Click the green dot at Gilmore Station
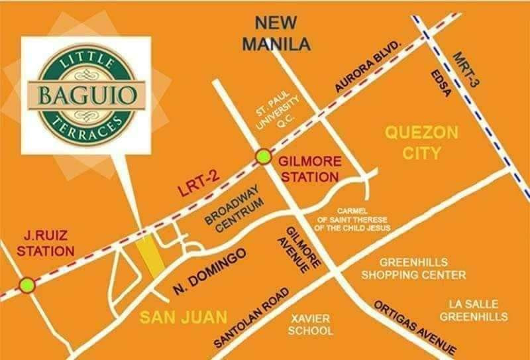click(x=264, y=157)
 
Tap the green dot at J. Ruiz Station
click(x=27, y=285)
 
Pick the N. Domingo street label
click(x=211, y=272)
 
